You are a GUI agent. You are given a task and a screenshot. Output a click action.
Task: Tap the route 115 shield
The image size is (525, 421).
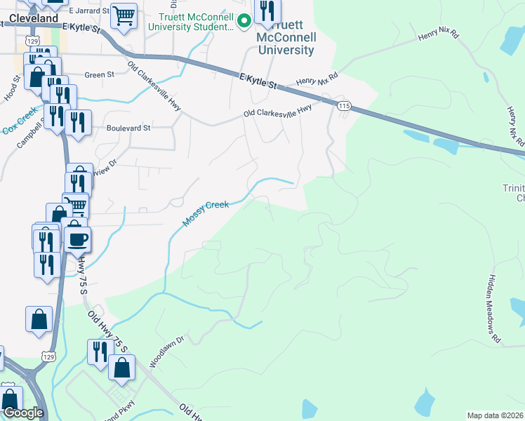(x=343, y=105)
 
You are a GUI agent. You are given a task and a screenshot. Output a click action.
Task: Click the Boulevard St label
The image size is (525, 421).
(x=128, y=128)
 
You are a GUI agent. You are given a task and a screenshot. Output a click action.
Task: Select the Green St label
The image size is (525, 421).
(x=99, y=75)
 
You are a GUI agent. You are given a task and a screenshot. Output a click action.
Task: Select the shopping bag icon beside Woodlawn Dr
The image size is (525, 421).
(x=122, y=367)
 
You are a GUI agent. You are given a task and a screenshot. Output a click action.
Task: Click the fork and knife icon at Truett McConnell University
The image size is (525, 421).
(x=267, y=11)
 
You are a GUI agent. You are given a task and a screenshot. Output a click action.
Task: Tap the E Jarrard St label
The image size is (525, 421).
(x=89, y=11)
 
